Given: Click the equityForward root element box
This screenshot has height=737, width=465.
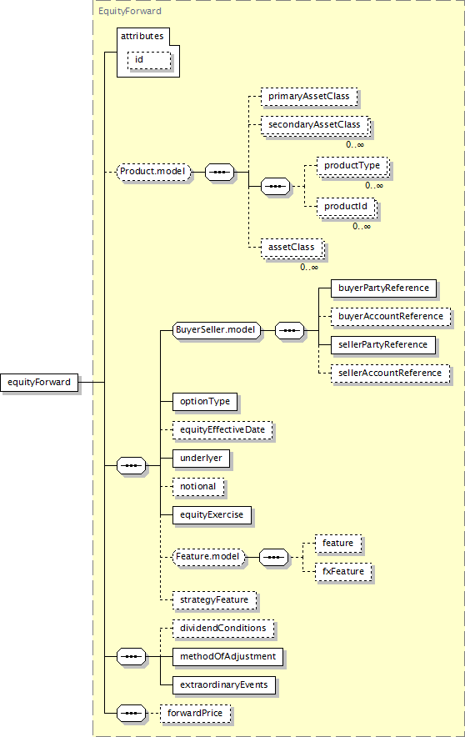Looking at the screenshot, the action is click(x=39, y=382).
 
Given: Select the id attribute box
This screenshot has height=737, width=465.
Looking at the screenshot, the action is click(x=149, y=60).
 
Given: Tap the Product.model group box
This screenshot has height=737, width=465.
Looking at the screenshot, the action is click(x=153, y=172).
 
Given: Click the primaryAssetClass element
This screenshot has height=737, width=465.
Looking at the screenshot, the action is click(x=309, y=97).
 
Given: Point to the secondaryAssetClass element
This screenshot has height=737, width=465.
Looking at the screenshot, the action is click(x=315, y=125).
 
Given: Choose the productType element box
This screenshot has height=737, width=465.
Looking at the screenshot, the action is click(x=352, y=166).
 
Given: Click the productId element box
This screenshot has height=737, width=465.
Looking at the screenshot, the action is click(x=347, y=207).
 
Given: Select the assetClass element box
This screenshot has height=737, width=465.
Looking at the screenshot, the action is click(x=292, y=248).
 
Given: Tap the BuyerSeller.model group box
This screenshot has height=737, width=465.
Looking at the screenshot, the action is click(x=216, y=330).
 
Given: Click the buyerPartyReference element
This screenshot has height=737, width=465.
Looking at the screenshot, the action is click(x=383, y=288).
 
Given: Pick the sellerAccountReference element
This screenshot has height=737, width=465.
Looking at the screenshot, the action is click(x=390, y=374).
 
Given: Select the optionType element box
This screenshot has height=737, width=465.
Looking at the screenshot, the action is click(x=205, y=401).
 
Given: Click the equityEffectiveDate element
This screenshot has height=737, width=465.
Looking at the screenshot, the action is click(x=222, y=430).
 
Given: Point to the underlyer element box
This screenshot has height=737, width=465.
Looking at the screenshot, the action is click(x=201, y=459).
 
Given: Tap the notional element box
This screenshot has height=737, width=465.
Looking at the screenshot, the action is click(x=197, y=487).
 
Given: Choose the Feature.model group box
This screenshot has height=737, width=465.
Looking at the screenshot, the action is click(x=208, y=557).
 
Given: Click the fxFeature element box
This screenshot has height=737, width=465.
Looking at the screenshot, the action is click(x=343, y=572).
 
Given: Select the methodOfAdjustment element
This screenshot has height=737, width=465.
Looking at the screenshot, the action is click(x=227, y=657).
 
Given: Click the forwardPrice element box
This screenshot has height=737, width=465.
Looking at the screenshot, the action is click(x=195, y=714).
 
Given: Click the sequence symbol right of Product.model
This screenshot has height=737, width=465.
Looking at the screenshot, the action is click(x=220, y=172).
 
